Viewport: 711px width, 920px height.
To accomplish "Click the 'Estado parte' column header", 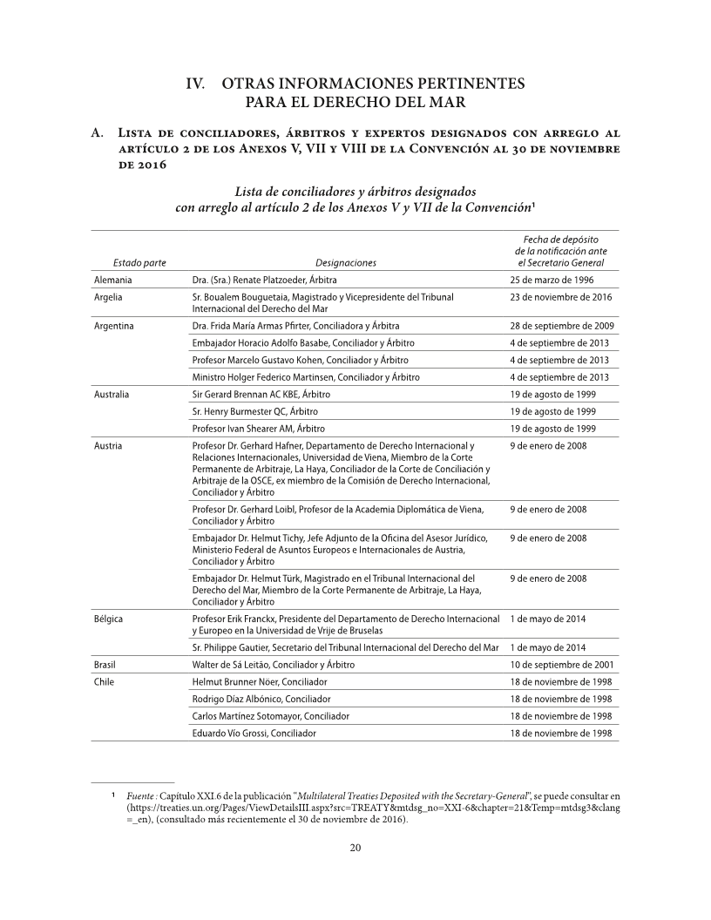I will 139,262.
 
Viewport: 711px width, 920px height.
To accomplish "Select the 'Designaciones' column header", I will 346,262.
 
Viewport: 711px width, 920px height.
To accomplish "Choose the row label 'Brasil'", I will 105,665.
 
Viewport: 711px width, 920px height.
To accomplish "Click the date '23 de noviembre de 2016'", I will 561,298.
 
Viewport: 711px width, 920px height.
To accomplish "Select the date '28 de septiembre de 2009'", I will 563,326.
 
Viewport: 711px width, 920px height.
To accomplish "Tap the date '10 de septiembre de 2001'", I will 562,665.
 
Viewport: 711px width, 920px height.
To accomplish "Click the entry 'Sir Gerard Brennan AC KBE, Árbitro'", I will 261,395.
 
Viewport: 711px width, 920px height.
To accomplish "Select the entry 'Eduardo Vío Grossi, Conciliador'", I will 254,734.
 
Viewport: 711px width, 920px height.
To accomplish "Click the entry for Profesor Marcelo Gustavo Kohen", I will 300,360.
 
